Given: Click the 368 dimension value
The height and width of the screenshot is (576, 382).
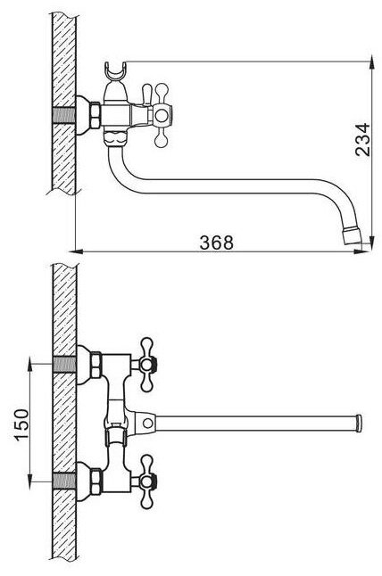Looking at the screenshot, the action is (216, 243).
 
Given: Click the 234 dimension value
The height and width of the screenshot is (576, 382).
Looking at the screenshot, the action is (362, 140).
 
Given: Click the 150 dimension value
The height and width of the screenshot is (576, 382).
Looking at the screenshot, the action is (21, 424).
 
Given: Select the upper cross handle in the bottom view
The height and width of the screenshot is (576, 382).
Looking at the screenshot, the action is (147, 364).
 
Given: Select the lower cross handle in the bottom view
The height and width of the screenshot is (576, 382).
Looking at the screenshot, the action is (147, 481).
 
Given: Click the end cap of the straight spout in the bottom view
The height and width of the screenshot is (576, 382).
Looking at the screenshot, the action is (359, 424).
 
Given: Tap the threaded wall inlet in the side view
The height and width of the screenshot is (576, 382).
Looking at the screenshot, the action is (63, 116).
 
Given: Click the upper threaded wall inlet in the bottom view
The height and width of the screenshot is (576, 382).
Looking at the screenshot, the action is (64, 364).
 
